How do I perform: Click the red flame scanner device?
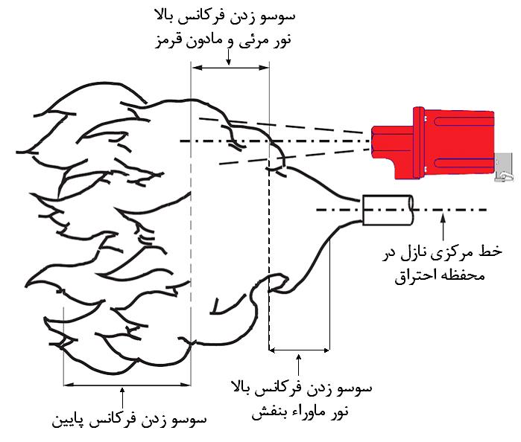[433, 143]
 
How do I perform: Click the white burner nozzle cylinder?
[388, 210]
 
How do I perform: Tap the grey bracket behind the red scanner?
[504, 167]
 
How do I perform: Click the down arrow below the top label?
[228, 57]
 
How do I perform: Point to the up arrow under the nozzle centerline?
[443, 227]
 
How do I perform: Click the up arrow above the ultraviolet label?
[298, 365]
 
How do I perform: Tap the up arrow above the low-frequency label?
[122, 397]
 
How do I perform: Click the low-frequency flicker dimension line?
[127, 385]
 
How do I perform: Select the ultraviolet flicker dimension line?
[299, 350]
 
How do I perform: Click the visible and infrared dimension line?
[230, 68]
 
